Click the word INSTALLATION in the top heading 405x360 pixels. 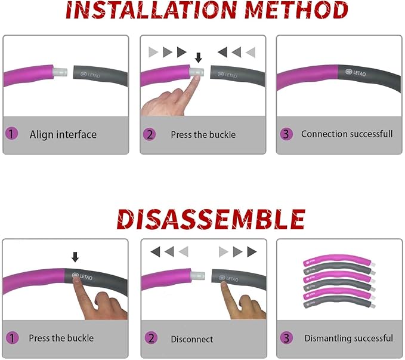tap(151, 10)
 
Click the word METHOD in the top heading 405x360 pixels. tap(296, 10)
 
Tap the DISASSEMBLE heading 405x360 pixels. tap(211, 219)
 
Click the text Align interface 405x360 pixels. tap(63, 134)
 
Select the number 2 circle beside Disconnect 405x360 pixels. tap(151, 338)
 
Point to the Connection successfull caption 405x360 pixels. tap(347, 134)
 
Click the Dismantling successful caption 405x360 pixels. tap(349, 338)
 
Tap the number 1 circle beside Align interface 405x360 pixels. tap(11, 134)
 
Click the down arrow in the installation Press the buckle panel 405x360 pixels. tap(199, 58)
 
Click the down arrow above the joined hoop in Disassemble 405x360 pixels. tap(75, 257)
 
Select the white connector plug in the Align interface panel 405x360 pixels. tap(60, 72)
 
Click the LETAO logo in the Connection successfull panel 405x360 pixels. tap(355, 72)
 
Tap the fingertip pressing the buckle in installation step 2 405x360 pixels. tap(197, 78)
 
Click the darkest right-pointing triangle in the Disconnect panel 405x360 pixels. tap(252, 252)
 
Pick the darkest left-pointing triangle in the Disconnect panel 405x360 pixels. tap(156, 252)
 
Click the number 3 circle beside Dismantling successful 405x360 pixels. tap(286, 338)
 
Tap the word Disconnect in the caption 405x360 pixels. tap(192, 339)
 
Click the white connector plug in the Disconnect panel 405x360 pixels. tap(198, 275)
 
